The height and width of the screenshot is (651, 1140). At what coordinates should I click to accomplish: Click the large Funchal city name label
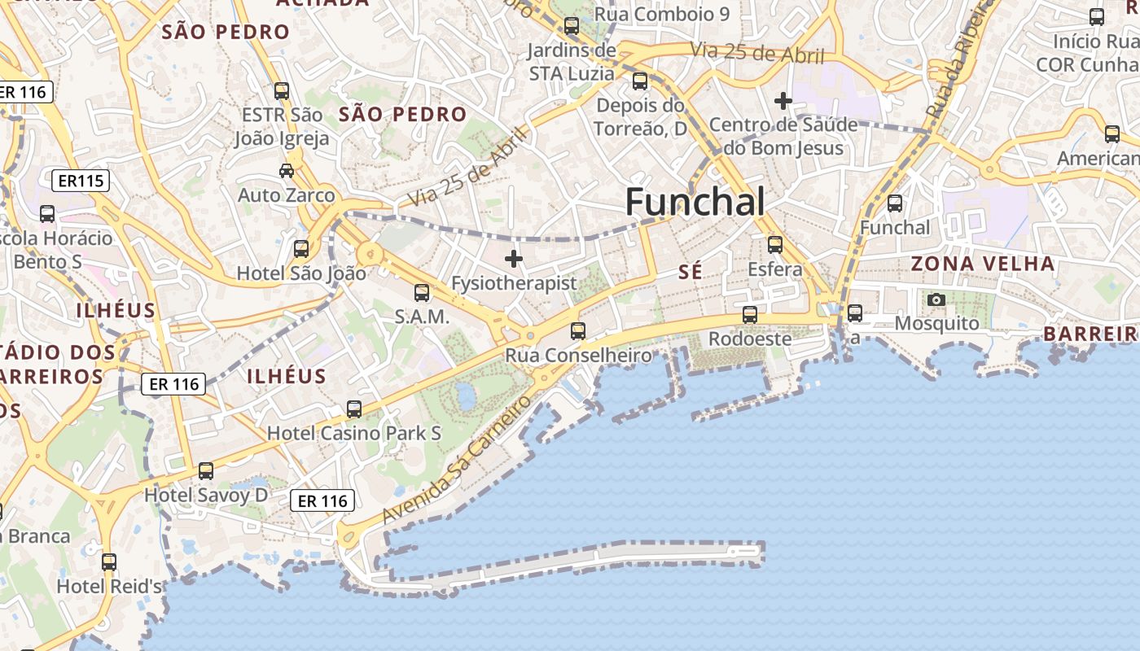pyautogui.click(x=695, y=202)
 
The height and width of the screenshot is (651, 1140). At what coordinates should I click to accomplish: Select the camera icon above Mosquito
pyautogui.click(x=936, y=299)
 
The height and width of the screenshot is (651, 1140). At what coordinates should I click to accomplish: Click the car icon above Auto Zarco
pyautogui.click(x=287, y=170)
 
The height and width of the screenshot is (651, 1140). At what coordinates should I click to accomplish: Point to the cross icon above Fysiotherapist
pyautogui.click(x=514, y=259)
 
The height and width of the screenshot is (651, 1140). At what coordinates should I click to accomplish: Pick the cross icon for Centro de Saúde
pyautogui.click(x=783, y=101)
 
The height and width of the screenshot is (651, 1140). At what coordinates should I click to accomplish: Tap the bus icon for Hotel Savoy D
pyautogui.click(x=206, y=470)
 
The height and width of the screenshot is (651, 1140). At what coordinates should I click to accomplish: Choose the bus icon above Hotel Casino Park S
pyautogui.click(x=354, y=409)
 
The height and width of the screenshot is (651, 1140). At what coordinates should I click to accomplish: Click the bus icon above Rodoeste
pyautogui.click(x=750, y=314)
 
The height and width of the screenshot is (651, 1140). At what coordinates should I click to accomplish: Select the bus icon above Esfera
pyautogui.click(x=775, y=244)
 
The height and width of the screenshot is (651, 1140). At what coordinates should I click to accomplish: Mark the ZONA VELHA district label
pyautogui.click(x=983, y=264)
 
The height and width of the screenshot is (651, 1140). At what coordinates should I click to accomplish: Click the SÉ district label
pyautogui.click(x=690, y=272)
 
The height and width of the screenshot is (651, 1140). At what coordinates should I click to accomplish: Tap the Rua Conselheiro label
pyautogui.click(x=578, y=356)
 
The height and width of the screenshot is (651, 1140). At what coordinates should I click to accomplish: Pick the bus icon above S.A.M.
pyautogui.click(x=422, y=292)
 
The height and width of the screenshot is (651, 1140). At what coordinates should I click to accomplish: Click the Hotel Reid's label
pyautogui.click(x=109, y=586)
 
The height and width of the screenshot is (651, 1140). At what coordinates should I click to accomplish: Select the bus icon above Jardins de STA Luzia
pyautogui.click(x=572, y=26)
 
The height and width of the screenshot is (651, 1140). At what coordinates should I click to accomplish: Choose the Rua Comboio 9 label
pyautogui.click(x=661, y=14)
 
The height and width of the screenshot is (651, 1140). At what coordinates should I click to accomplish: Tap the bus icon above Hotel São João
pyautogui.click(x=301, y=249)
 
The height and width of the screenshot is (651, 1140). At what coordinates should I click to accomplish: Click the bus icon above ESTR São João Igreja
pyautogui.click(x=282, y=91)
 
